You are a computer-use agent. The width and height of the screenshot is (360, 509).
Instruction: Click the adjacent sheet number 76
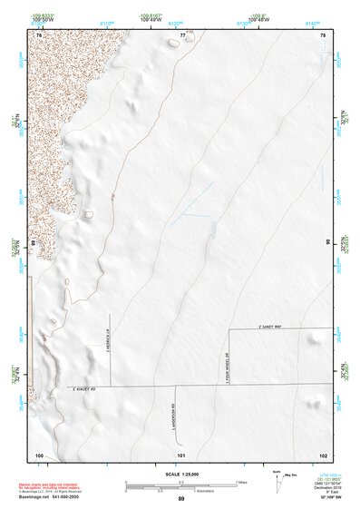40,34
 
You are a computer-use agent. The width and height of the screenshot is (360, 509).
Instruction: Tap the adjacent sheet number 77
182,34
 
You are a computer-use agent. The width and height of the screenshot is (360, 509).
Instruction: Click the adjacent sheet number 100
39,454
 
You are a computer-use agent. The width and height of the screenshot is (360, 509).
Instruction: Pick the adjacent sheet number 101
181,454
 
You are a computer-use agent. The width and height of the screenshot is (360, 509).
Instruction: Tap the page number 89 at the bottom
181,500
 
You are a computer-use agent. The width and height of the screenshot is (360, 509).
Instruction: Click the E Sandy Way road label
272,326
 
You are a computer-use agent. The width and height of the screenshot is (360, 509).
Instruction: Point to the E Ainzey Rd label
91,388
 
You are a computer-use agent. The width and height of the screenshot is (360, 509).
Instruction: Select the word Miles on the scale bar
240,482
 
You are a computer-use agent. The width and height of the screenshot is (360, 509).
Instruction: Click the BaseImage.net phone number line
54,499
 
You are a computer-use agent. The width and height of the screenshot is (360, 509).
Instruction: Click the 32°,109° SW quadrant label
328,499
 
